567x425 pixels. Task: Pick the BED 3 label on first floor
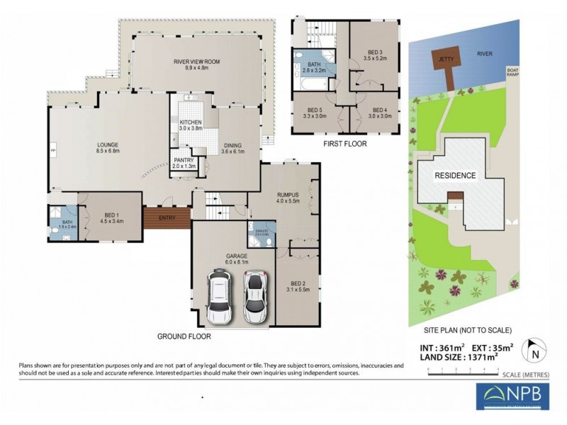(375, 55)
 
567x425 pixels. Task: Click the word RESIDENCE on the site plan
(455, 175)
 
